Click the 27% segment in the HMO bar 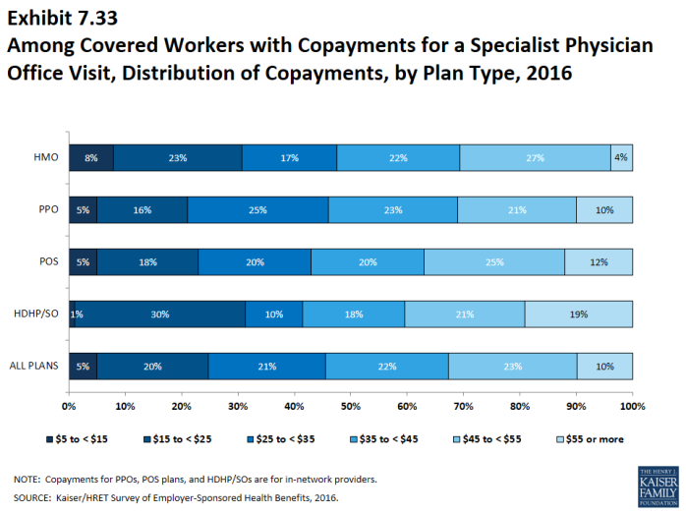[535, 156]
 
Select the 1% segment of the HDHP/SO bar [71, 314]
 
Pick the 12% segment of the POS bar [599, 261]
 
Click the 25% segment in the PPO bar [257, 209]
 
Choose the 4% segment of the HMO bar [621, 156]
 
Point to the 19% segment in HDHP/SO [579, 314]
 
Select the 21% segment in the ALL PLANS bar [267, 367]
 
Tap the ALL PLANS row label [35, 367]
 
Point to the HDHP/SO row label [36, 314]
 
